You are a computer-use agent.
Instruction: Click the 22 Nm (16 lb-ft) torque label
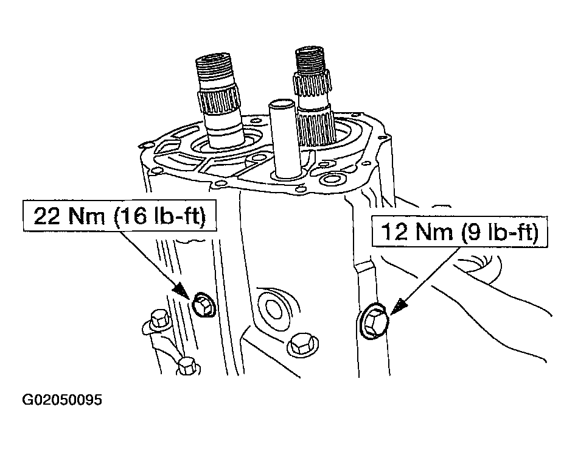click(x=119, y=216)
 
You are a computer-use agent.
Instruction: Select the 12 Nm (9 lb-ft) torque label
click(x=460, y=232)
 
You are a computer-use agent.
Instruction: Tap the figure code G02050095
click(x=62, y=400)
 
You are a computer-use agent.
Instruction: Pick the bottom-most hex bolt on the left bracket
click(x=187, y=366)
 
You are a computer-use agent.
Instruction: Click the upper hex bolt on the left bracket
click(x=158, y=319)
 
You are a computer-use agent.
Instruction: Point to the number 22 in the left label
click(x=47, y=216)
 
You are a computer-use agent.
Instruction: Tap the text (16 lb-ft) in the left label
click(x=160, y=216)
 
